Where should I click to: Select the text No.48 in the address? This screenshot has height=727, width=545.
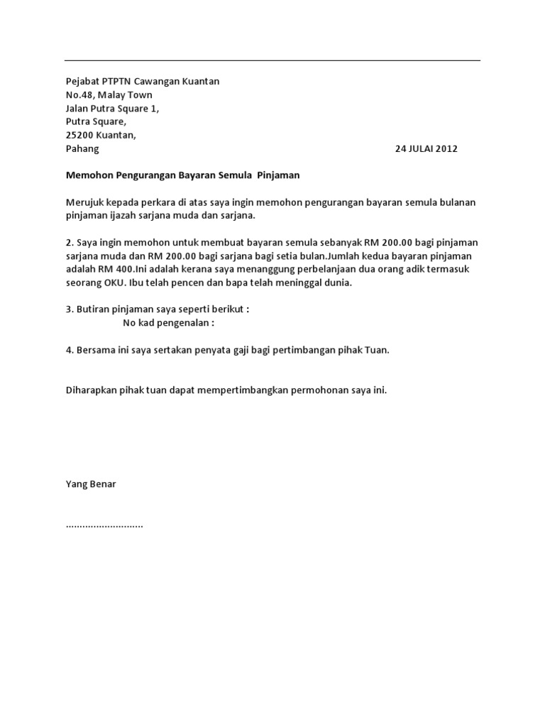coord(80,95)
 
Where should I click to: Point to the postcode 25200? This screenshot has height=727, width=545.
coord(80,136)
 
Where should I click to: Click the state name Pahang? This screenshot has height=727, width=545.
coord(82,149)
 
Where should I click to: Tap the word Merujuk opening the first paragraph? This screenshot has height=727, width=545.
coord(84,202)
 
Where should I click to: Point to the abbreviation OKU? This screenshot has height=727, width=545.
coord(116,283)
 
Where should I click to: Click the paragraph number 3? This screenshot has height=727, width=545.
coord(68,310)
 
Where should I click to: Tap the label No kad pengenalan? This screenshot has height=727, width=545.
coord(168,323)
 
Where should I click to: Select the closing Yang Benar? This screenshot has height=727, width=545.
coord(90,484)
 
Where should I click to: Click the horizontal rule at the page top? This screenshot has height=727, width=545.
coord(272,60)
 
